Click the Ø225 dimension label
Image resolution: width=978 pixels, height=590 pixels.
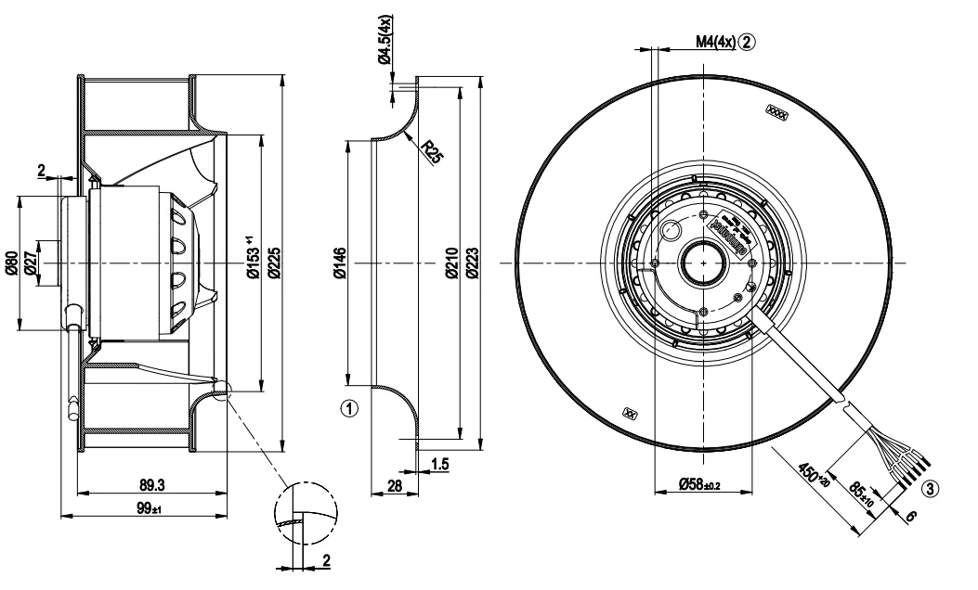point(277,263)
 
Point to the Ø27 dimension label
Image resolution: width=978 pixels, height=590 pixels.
point(30,263)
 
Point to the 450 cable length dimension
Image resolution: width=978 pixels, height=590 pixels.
point(815,474)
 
